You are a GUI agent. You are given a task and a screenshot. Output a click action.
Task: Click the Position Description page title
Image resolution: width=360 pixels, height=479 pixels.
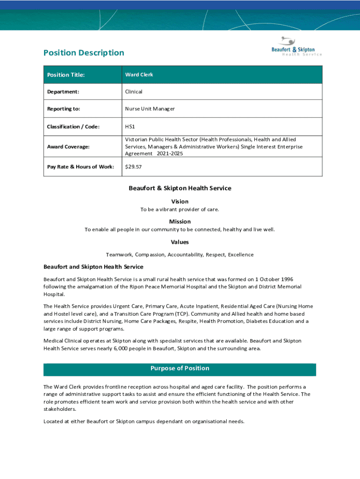84,53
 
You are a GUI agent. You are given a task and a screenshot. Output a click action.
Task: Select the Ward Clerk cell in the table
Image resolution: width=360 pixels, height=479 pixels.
139,75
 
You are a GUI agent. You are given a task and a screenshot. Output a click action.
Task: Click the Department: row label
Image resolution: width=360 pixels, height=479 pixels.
63,92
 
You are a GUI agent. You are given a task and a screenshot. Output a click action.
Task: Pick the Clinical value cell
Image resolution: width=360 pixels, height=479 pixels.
134,92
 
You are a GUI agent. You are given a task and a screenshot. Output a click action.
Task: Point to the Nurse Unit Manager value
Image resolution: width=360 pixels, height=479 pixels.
150,109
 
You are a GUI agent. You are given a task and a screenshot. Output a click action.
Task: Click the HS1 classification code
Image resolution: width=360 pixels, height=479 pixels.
130,127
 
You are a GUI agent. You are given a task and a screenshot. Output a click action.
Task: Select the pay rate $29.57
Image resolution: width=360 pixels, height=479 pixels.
133,167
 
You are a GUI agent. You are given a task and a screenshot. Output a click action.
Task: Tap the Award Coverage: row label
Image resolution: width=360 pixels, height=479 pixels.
68,147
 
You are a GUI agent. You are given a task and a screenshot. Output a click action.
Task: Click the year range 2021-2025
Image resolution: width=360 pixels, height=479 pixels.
170,154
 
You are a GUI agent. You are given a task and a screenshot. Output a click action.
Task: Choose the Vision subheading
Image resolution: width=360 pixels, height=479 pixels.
180,202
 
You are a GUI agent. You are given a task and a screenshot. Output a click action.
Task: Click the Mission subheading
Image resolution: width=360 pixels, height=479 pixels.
180,222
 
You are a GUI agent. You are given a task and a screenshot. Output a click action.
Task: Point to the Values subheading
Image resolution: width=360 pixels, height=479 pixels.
180,242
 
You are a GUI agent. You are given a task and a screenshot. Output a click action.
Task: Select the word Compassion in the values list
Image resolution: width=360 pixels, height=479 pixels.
150,255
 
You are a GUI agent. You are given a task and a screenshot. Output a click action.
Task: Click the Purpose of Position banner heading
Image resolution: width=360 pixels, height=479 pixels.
180,369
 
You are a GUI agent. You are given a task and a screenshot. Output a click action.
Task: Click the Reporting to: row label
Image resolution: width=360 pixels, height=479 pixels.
64,109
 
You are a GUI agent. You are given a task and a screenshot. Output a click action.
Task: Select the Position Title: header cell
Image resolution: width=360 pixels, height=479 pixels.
66,75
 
